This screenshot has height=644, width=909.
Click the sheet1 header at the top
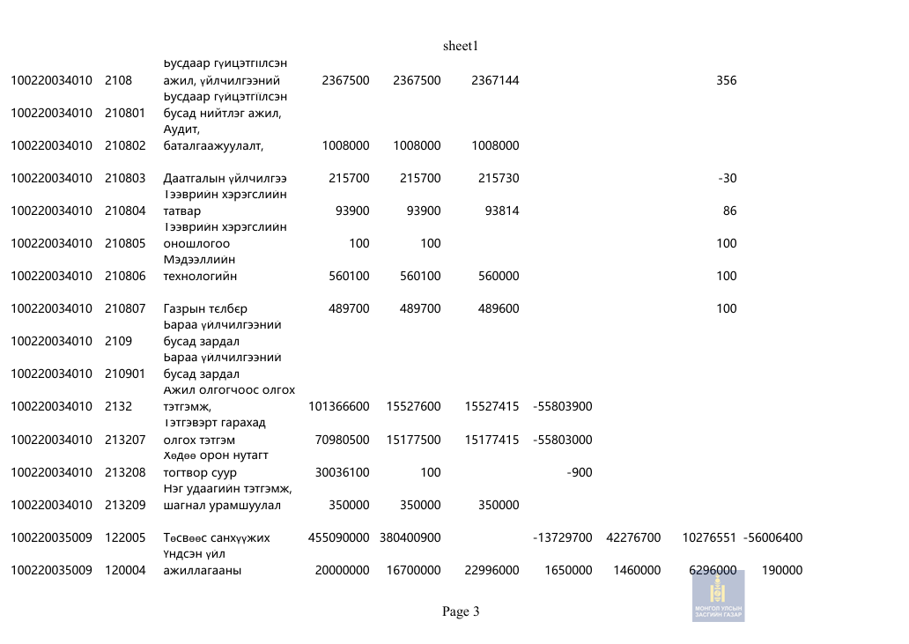point(461,46)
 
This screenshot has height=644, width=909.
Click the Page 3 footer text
point(461,611)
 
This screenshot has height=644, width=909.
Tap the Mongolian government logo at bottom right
point(718,596)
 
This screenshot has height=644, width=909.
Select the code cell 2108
point(118,81)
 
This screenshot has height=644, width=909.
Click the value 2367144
point(495,81)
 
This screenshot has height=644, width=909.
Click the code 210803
point(125,179)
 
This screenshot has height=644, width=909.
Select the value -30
point(728,179)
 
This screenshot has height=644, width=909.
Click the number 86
point(729,211)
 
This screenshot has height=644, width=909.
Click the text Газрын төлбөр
point(205,309)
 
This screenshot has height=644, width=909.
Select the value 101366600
point(338,407)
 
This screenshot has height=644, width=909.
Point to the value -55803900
point(563,407)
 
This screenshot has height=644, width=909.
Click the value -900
point(579,472)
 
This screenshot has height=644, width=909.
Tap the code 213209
point(125,505)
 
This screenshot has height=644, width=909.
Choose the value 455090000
point(338,537)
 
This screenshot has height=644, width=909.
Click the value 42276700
point(633,537)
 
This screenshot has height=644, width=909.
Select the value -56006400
point(772,537)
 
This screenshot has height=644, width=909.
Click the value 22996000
point(491,570)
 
